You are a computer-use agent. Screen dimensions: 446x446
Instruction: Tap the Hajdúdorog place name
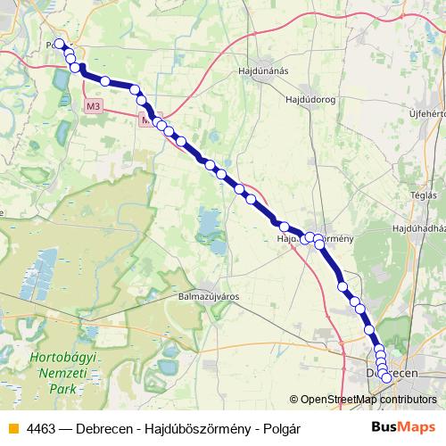point(307,100)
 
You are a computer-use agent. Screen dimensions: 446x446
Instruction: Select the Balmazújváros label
point(211,295)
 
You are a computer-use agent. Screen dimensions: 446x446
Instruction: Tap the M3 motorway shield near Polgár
point(94,105)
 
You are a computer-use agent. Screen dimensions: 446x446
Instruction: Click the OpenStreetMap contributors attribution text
point(368,400)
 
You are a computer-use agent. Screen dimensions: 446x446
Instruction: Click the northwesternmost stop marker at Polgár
point(60,44)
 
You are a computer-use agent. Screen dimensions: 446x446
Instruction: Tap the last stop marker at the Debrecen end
point(386,377)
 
